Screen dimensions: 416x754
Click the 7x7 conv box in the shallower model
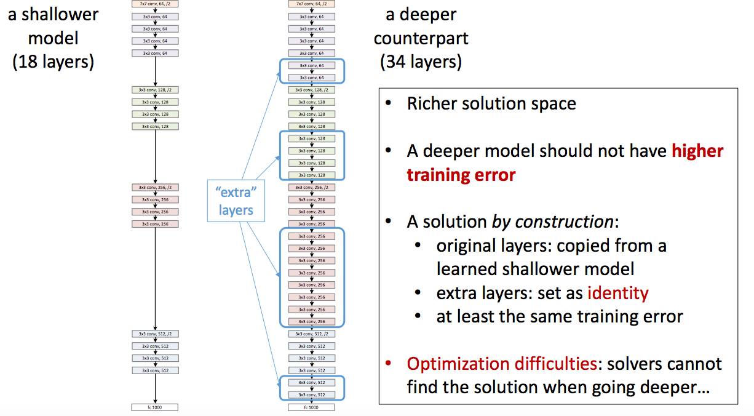(x=154, y=4)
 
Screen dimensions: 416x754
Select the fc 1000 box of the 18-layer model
(x=154, y=407)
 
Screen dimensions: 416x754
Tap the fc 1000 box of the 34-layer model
(x=311, y=407)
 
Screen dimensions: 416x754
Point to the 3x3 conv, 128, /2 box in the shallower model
(x=154, y=90)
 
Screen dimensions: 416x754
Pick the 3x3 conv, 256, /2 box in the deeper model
(x=311, y=187)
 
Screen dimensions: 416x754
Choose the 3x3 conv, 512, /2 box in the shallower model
(x=154, y=334)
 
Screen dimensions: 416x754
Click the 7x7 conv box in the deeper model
(x=311, y=4)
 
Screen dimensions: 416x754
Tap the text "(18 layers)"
(x=53, y=62)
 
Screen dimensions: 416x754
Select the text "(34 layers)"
(x=421, y=62)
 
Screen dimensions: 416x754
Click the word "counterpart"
(x=421, y=38)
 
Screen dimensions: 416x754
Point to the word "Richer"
(x=432, y=103)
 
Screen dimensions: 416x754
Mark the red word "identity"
(x=617, y=292)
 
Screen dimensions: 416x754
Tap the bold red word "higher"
(x=697, y=151)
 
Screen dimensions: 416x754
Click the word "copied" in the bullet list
(x=585, y=246)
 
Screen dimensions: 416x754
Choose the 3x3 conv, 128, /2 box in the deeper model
(x=311, y=90)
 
